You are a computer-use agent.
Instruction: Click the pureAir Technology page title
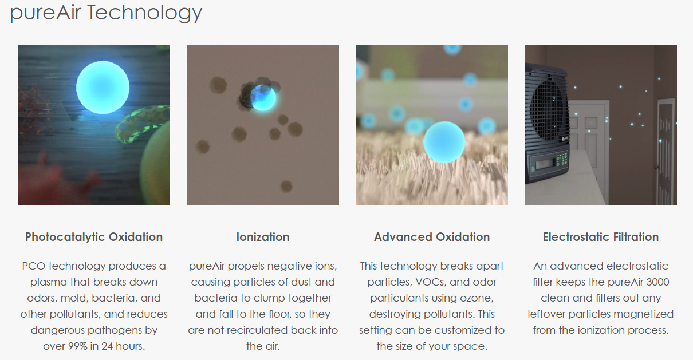(106, 13)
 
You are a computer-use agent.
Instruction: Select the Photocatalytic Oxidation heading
(94, 237)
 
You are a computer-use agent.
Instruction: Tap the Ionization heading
(263, 237)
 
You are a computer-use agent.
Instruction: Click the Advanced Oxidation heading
(432, 237)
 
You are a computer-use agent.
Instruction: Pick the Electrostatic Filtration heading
(601, 237)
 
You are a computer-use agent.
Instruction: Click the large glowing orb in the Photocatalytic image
(103, 87)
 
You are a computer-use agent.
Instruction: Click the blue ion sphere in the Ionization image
(263, 98)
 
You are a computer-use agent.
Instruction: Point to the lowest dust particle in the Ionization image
(286, 186)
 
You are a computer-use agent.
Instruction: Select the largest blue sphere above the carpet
(444, 142)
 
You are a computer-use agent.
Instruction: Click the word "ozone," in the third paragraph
(477, 298)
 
